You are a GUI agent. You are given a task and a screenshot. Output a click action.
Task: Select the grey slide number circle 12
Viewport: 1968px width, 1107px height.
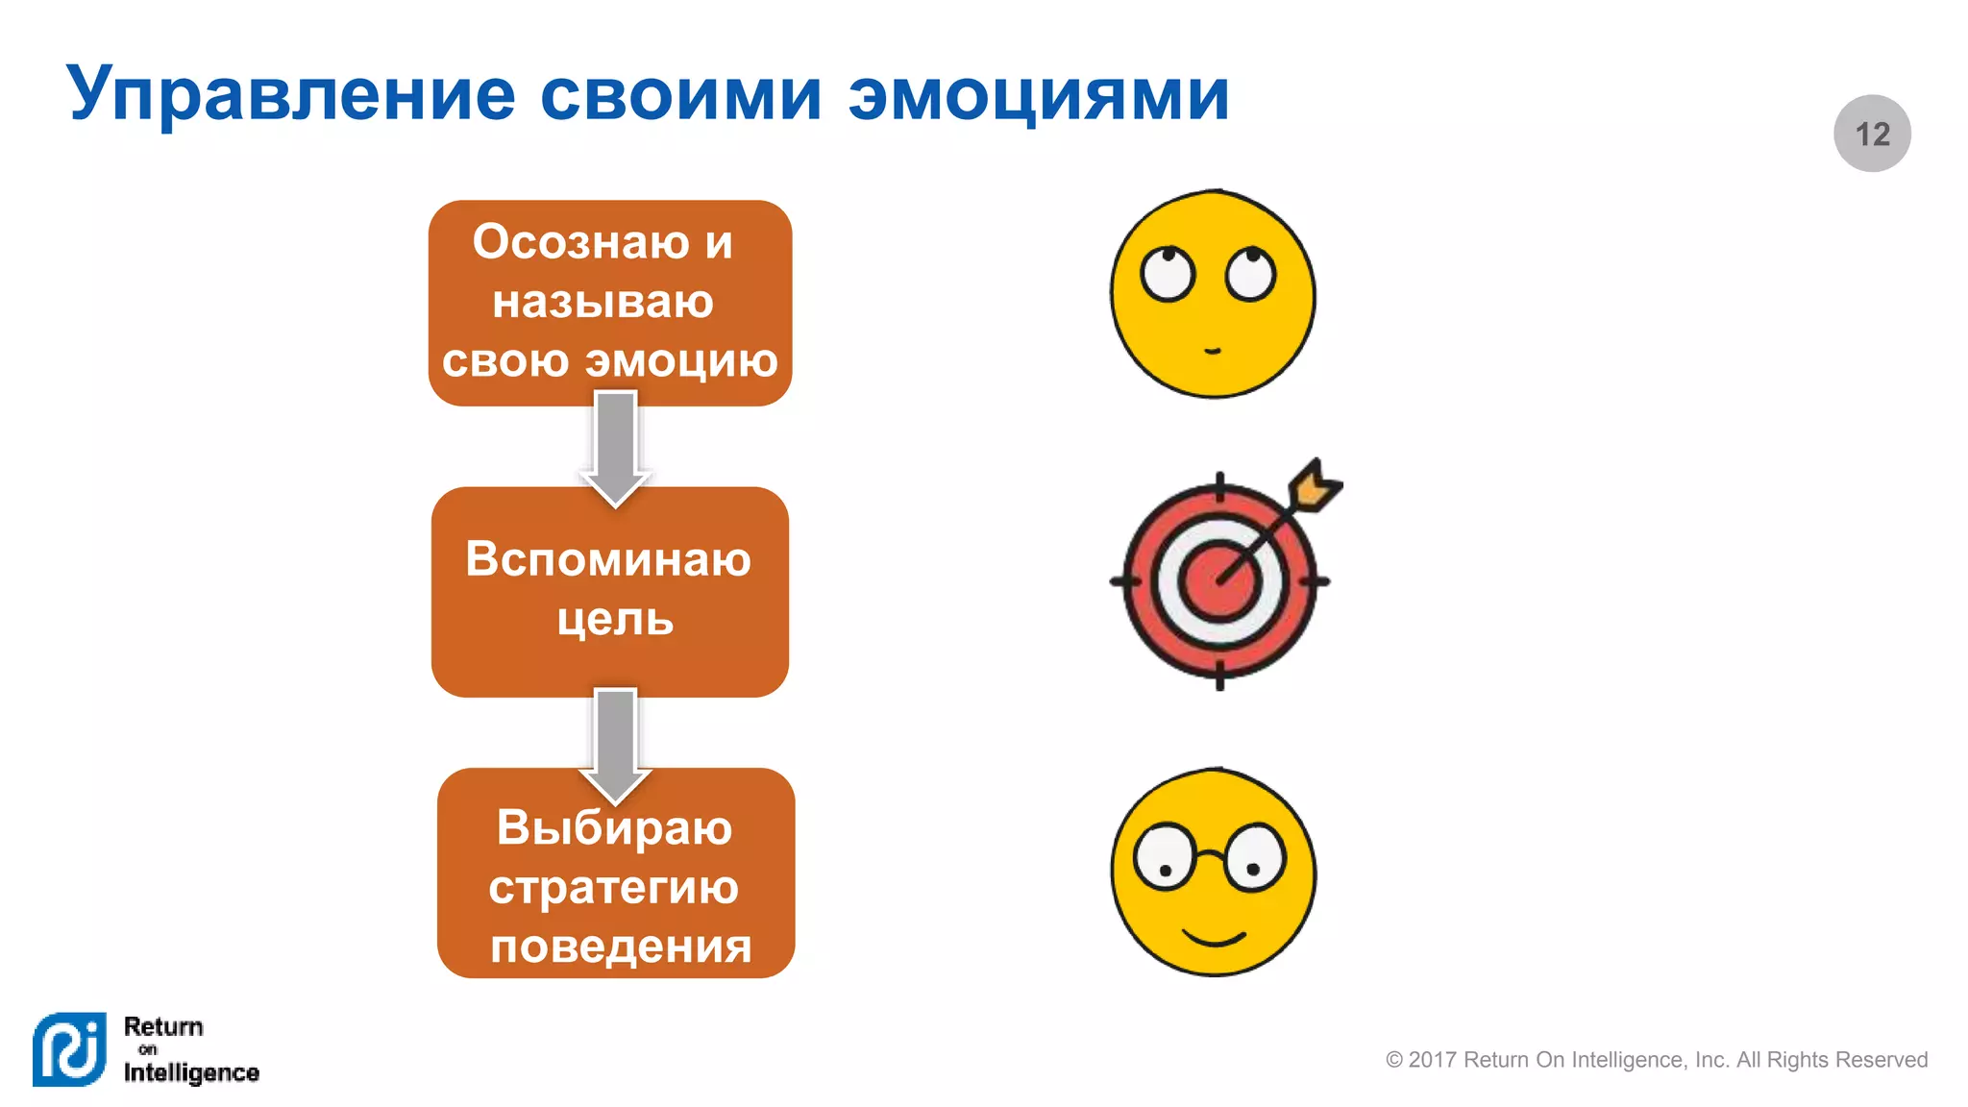1872,134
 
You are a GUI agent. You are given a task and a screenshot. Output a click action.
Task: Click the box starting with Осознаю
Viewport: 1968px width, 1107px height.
610,303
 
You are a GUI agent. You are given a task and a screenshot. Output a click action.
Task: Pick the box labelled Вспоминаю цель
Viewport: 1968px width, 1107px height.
610,592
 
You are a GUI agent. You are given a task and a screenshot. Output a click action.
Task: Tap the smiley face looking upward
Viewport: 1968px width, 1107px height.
1213,294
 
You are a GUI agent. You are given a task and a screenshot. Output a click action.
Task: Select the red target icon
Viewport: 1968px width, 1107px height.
1218,580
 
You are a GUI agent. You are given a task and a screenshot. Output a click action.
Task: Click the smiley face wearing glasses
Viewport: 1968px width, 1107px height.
1214,873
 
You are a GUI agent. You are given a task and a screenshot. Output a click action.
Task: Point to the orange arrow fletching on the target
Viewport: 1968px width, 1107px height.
1315,485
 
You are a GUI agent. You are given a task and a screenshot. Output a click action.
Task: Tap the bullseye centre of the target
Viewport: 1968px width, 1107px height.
1218,581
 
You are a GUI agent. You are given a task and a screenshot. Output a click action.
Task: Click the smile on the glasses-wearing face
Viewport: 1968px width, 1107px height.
1214,936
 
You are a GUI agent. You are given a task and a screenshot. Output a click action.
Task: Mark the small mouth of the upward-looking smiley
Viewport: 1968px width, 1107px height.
1213,351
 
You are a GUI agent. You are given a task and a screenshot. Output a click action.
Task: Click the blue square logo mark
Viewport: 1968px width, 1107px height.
69,1049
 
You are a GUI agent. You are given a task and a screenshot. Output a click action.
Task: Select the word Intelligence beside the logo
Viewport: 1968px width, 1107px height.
191,1072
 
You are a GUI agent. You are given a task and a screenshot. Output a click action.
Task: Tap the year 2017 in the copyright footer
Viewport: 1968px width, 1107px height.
1432,1060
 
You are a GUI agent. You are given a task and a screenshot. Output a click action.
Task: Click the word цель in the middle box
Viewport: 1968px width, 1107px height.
615,620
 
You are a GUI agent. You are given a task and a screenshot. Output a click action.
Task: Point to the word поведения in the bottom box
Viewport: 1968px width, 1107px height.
621,947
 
